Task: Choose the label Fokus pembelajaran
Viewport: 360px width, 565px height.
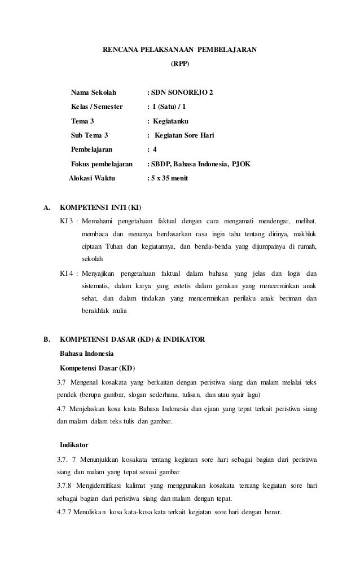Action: click(102, 165)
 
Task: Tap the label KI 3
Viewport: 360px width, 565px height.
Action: click(67, 220)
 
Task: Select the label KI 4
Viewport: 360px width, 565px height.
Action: click(67, 273)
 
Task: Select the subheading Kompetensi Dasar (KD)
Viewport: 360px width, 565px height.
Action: click(97, 369)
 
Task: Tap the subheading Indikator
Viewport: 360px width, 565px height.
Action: click(75, 445)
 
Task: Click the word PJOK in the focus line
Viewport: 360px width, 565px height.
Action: click(242, 165)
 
